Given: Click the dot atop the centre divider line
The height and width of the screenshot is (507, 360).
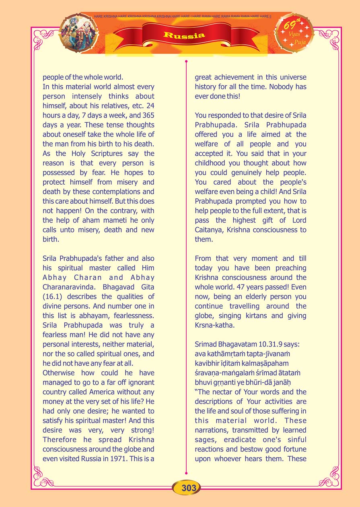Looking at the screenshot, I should [186, 62].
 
